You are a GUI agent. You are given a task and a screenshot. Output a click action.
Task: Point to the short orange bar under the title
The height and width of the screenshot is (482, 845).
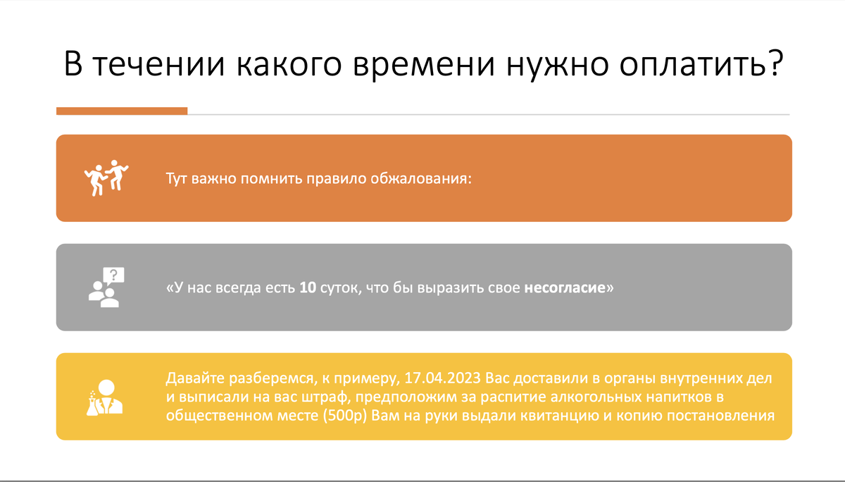tap(122, 111)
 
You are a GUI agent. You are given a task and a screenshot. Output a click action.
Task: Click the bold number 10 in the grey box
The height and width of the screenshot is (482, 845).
tap(308, 288)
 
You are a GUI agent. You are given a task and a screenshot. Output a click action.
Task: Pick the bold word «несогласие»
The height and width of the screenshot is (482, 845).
tap(565, 288)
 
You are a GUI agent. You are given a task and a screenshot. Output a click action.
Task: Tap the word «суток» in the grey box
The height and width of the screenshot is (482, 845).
tap(341, 288)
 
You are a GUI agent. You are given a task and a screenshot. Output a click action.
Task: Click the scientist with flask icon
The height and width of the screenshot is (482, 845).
tap(106, 397)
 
